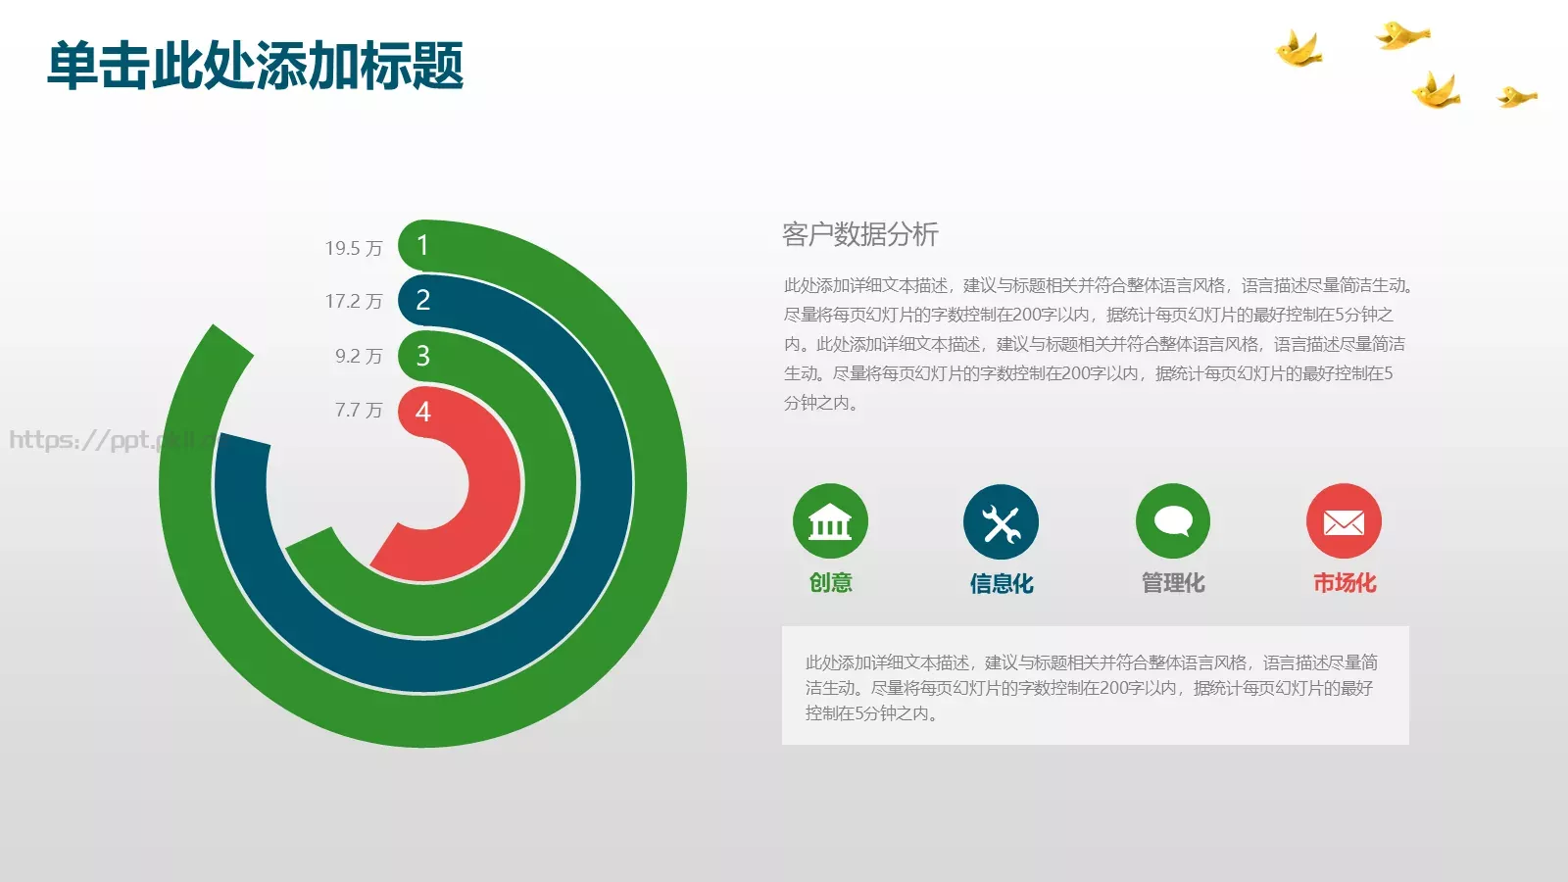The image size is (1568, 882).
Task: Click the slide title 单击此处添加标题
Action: click(255, 67)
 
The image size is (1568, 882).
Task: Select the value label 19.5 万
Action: click(353, 249)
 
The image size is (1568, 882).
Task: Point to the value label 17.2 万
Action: click(353, 302)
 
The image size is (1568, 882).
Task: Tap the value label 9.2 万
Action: click(358, 356)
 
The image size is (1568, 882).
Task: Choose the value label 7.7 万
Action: click(358, 410)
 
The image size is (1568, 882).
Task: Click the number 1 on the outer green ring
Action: click(422, 245)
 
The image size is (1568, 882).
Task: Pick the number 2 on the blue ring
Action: click(422, 300)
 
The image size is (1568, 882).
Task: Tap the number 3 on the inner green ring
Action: click(422, 356)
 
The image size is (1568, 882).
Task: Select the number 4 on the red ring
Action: click(422, 412)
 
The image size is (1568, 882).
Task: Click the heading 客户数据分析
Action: click(859, 234)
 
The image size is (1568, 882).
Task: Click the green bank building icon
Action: click(830, 521)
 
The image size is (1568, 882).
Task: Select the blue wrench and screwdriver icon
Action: click(1001, 522)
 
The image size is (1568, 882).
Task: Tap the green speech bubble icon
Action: click(1172, 521)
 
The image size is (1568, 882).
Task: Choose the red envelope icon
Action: click(1344, 521)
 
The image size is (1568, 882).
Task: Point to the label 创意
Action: click(830, 583)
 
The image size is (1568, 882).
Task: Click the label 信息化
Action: click(1001, 584)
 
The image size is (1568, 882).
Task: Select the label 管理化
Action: click(1172, 583)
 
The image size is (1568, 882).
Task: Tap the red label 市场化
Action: click(1344, 583)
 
